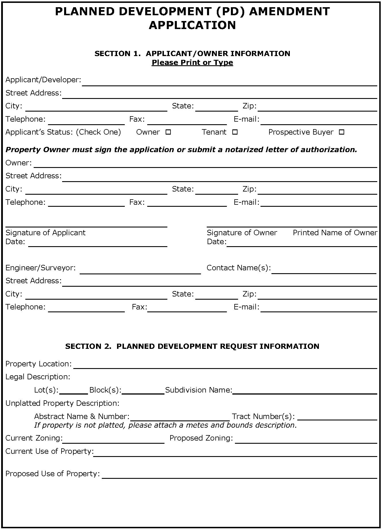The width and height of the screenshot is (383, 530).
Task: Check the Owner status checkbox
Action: (168, 132)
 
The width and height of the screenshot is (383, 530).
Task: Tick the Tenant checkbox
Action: (235, 132)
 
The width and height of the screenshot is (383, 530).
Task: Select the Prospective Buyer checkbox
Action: (342, 132)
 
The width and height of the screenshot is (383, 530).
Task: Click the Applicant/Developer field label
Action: (43, 80)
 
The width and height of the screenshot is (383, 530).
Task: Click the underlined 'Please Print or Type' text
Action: (192, 62)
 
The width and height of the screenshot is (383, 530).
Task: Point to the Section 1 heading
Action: (192, 53)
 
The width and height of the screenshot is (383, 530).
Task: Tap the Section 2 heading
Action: (192, 346)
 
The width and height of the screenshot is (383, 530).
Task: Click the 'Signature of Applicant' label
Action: (45, 233)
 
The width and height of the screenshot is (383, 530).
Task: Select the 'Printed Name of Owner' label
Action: (335, 233)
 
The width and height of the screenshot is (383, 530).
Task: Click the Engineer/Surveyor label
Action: (41, 268)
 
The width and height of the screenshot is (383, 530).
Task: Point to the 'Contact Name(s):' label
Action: (239, 268)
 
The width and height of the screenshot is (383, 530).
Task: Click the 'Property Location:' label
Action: (39, 364)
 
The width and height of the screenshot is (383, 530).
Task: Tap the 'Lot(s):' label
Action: (46, 390)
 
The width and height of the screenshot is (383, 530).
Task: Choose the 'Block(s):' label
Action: (105, 390)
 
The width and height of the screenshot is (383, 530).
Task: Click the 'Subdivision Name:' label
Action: (198, 390)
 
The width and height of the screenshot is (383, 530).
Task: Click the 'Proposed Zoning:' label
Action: (201, 438)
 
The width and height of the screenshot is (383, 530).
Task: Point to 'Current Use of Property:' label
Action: (49, 451)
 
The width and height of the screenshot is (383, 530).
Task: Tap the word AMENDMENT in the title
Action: (290, 12)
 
